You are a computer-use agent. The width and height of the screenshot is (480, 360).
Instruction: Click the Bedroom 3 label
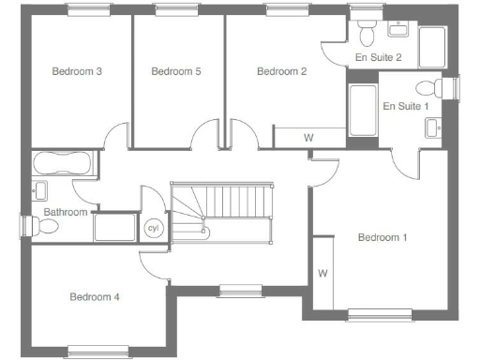pos(77,71)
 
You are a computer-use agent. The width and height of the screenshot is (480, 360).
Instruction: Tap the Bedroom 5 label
pos(176,71)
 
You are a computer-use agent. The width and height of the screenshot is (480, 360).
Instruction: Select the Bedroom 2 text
pos(281,71)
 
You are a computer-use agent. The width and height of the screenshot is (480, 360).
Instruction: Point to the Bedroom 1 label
pos(382,237)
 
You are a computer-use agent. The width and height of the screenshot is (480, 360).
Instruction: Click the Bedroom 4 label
pos(95,297)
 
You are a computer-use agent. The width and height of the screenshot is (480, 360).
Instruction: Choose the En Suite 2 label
pos(379,58)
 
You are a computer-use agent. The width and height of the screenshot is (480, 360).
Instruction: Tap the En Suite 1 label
pos(406,106)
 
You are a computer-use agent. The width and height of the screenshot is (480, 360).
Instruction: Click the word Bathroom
pos(66,213)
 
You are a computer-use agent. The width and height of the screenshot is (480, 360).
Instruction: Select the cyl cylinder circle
pos(152,227)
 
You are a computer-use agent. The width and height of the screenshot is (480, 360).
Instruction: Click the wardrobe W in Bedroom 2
pos(308,138)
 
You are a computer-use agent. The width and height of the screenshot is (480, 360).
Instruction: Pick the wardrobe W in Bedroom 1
pos(322,274)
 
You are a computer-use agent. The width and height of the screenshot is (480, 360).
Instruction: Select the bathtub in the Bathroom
pos(63,165)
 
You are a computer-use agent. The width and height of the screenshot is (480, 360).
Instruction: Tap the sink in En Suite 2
pos(397,30)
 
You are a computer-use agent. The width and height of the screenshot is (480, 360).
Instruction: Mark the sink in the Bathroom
pos(39,191)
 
